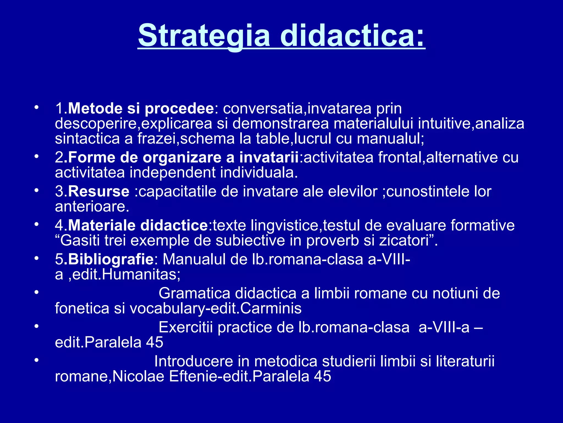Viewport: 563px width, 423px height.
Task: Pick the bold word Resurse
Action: click(x=98, y=191)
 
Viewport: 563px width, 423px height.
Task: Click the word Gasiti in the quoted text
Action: click(x=80, y=240)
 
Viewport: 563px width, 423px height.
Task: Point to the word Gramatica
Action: click(x=194, y=293)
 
